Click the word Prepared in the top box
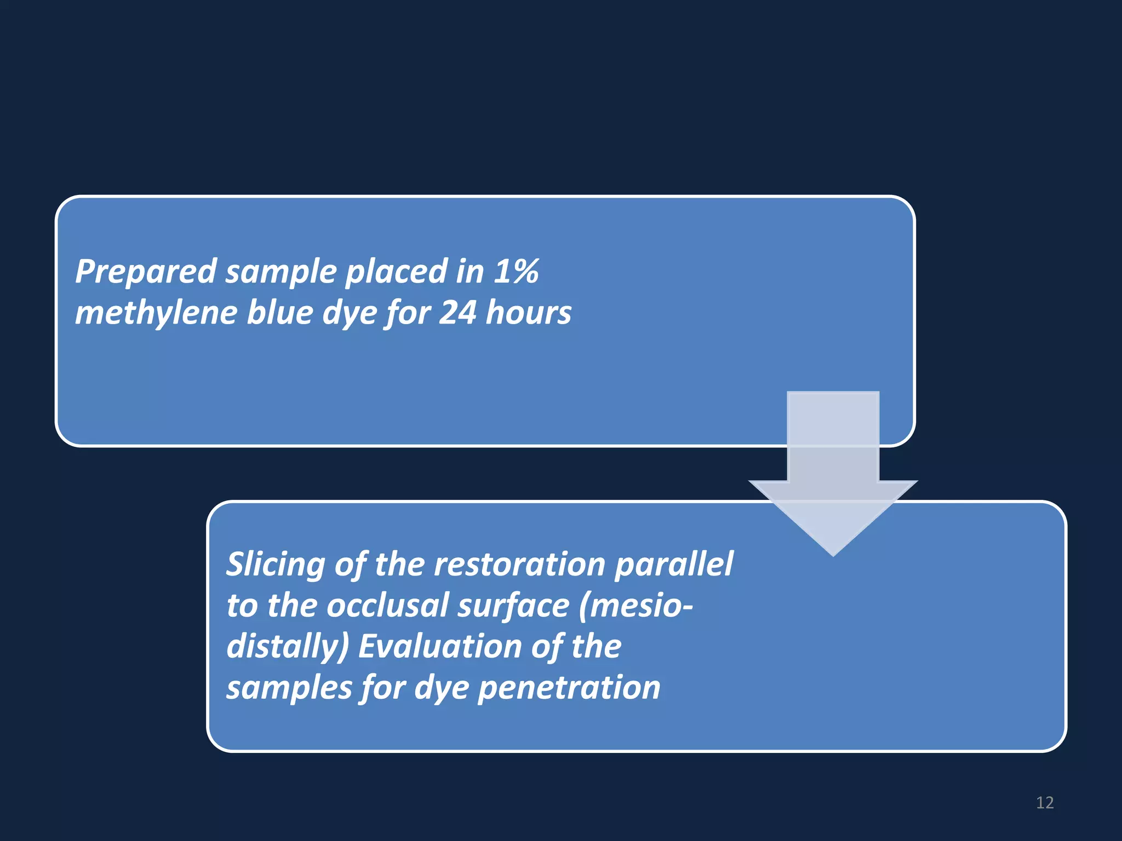146,272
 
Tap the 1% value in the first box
516,271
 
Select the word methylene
156,313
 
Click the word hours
528,313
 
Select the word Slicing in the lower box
276,564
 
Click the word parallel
673,564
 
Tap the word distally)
287,647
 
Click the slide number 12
1045,803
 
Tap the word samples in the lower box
289,688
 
